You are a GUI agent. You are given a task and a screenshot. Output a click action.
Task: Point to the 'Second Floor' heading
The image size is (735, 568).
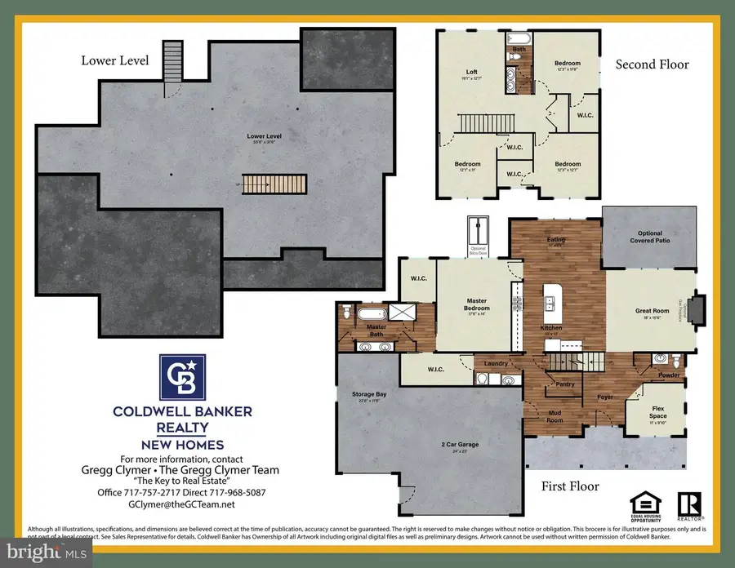(652, 64)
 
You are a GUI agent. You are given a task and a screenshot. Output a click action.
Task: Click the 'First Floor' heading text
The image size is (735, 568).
(570, 486)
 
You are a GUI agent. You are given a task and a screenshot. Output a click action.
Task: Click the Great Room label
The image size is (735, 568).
(652, 311)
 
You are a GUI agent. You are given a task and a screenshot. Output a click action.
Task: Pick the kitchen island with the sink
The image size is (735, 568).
(555, 304)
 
